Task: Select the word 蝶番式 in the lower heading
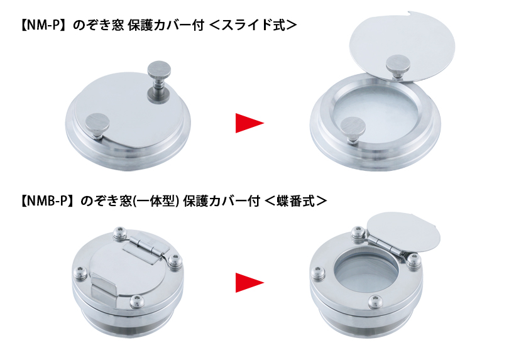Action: [296, 201]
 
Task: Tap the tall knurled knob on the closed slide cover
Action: [158, 82]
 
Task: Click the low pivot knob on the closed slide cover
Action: [97, 126]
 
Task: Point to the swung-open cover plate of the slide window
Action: [402, 45]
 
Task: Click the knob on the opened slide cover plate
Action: [398, 67]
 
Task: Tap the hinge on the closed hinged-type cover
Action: [146, 248]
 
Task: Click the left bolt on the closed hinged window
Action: [80, 273]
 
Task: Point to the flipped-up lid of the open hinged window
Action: [404, 232]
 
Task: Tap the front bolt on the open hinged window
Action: [376, 302]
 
